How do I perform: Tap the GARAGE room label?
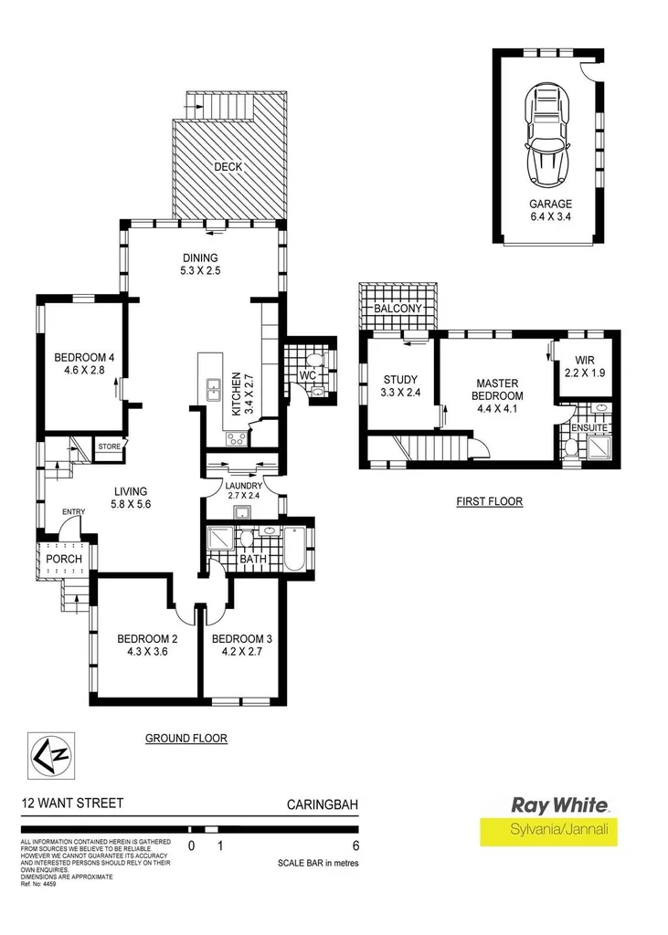coord(549,205)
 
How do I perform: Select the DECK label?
coord(227,167)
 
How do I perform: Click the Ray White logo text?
coord(559,805)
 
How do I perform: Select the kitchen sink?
coord(213,390)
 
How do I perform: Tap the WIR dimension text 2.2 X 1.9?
coord(585,374)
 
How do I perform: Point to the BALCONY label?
coord(398,310)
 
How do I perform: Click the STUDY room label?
coord(398,379)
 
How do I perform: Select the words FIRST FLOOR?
coord(490,501)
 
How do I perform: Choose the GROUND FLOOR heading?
coord(186,738)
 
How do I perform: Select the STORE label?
coord(110,447)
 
